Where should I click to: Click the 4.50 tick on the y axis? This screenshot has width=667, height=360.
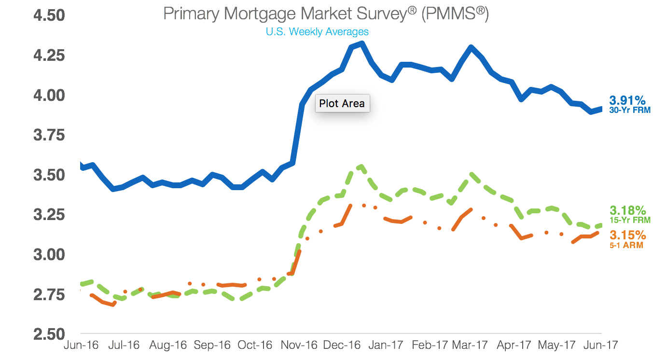pos(49,15)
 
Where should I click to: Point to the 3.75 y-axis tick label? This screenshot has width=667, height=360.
pos(49,135)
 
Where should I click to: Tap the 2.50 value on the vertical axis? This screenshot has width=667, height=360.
pos(49,334)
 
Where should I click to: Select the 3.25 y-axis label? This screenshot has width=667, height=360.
pos(49,215)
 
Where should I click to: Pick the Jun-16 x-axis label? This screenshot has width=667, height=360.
pos(82,346)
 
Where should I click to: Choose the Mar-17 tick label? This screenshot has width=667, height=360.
pos(470,346)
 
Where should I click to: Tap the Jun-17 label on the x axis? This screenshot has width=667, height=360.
pos(600,346)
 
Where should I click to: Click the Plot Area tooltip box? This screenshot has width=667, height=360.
pos(342,103)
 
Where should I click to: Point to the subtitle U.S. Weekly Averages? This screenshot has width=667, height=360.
pos(317,32)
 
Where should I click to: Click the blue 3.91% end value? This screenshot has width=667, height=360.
pos(627,100)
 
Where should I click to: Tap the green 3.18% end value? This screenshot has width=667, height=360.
pos(627,210)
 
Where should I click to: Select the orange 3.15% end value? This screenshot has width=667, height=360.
pos(627,235)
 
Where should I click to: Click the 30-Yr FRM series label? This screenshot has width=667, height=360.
pos(630,110)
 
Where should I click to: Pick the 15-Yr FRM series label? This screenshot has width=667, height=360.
pos(630,220)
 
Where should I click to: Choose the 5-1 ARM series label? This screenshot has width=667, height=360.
pos(627,245)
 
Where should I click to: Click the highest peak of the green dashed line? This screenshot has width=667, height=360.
pos(361,166)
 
